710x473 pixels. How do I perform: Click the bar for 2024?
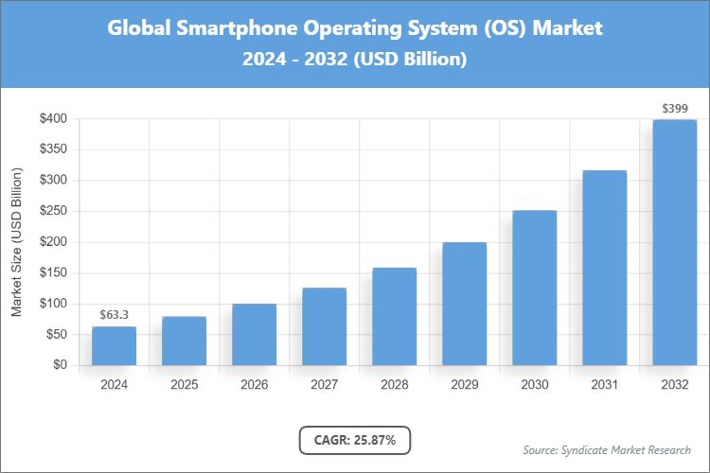114,346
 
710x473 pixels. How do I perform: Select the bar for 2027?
324,326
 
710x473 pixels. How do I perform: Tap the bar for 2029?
464,304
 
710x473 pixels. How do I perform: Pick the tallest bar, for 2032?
674,242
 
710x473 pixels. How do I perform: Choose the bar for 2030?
534,288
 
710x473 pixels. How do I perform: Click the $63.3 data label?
114,314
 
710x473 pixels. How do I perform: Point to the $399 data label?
674,108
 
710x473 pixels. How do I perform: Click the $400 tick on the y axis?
53,119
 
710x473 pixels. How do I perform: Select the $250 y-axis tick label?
53,211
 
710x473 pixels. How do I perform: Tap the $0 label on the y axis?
60,365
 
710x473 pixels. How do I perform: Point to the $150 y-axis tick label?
53,272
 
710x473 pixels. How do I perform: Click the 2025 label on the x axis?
184,385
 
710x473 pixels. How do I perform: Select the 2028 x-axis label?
394,385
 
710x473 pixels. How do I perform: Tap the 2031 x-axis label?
604,385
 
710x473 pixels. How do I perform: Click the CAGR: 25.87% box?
355,440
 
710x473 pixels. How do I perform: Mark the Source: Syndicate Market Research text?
607,449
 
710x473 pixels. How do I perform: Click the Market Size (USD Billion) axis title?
16,242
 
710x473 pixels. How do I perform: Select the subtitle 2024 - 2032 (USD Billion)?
355,60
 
